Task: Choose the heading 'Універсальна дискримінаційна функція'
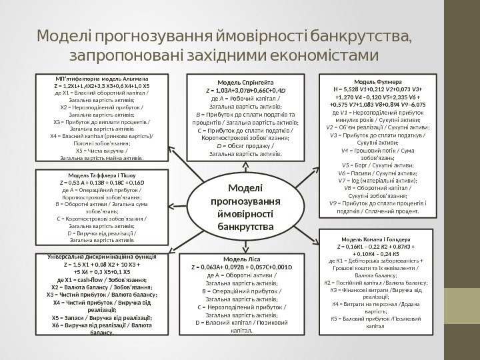click(101, 256)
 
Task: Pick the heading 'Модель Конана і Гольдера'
click(375, 238)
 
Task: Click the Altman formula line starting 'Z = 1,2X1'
click(101, 86)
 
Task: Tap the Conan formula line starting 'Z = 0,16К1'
click(375, 246)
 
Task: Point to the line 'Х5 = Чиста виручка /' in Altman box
click(101, 150)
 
